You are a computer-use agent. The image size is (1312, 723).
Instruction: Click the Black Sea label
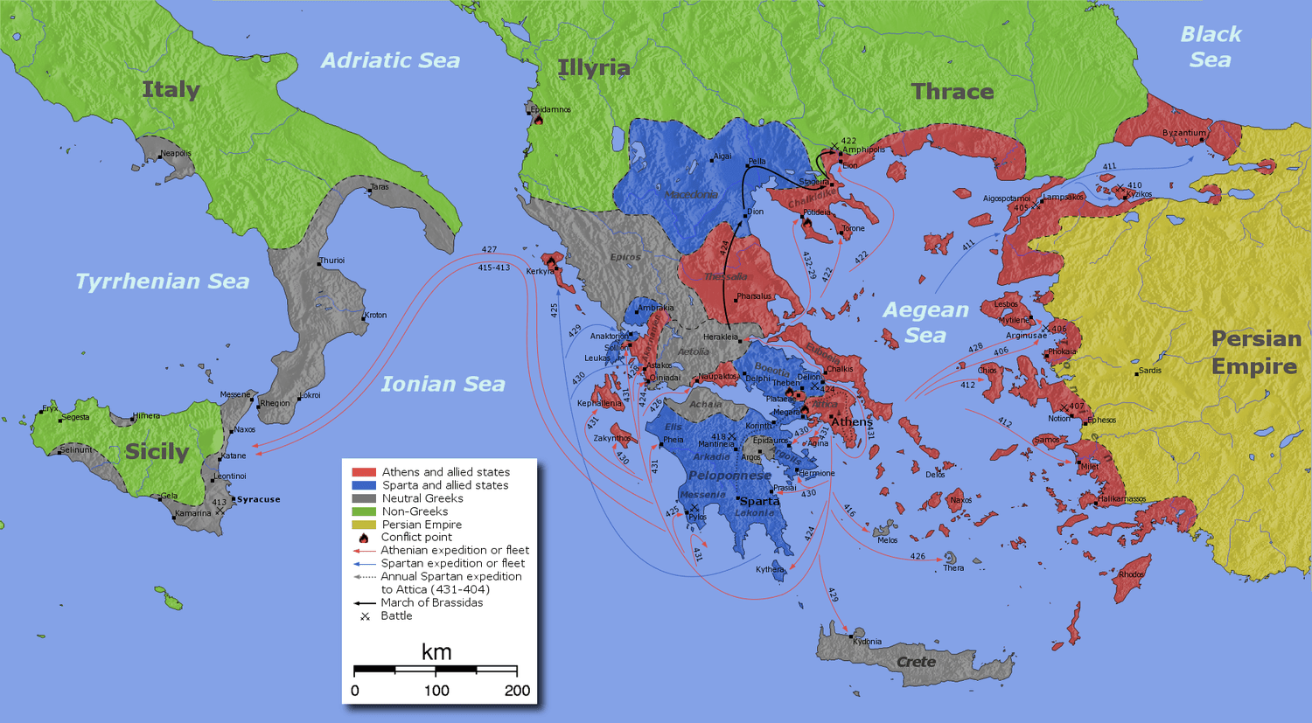click(x=1211, y=47)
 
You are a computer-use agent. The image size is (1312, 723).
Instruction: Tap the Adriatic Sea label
click(x=390, y=60)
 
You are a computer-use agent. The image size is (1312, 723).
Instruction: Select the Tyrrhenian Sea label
click(x=162, y=282)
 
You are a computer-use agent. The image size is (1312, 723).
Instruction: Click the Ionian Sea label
click(x=443, y=384)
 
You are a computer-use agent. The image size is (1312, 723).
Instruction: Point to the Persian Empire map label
click(x=1255, y=352)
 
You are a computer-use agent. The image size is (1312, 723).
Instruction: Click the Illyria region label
click(x=594, y=67)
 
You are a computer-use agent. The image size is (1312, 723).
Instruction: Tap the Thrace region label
click(x=953, y=92)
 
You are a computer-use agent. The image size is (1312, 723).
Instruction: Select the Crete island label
click(x=916, y=662)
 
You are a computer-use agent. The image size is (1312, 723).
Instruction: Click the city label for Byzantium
click(x=1183, y=133)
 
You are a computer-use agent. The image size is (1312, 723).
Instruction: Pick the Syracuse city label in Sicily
click(x=258, y=499)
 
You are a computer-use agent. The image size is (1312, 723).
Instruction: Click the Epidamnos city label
click(x=550, y=110)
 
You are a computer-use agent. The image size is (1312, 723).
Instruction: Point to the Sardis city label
click(x=1149, y=371)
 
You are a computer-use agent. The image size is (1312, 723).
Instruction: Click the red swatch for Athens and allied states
click(x=363, y=472)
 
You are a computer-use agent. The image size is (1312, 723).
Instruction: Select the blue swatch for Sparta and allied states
click(x=363, y=485)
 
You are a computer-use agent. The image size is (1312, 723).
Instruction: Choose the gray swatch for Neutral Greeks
click(x=363, y=498)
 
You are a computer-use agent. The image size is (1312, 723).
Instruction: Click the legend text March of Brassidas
click(x=431, y=602)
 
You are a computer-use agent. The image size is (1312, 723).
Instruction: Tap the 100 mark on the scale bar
click(x=436, y=691)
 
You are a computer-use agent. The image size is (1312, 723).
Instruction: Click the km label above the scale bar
click(x=436, y=652)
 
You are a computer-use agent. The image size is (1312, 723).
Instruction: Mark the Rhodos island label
click(x=1131, y=574)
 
